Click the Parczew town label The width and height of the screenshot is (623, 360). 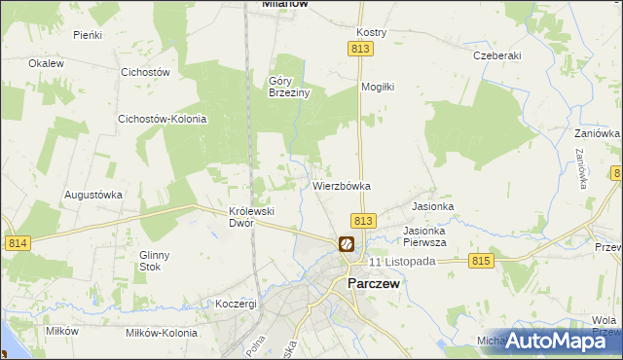tap(375, 284)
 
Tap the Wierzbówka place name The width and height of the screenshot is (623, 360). tap(342, 185)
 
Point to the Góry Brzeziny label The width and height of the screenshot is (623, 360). tap(289, 88)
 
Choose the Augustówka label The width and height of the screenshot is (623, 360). tap(93, 194)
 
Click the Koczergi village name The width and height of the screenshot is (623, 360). tap(237, 304)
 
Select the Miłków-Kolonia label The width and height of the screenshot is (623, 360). tap(160, 332)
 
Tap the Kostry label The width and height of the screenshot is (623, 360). tap(372, 32)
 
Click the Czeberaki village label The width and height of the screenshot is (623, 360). tap(496, 55)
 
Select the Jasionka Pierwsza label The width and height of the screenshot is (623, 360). tap(424, 236)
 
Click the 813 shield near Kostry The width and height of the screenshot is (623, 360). tap(361, 49)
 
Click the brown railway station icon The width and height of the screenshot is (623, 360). tap(346, 244)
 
